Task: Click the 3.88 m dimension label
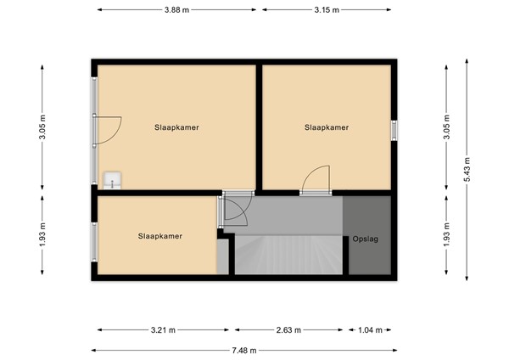[177, 10]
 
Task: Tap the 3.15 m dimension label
[326, 10]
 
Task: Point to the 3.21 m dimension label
[165, 329]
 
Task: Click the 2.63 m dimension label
[290, 329]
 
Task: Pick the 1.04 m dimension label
[369, 329]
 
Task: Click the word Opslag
[366, 239]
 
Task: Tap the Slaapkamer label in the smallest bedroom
[159, 236]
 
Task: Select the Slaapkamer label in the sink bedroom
[176, 127]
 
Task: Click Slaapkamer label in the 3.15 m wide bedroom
[327, 127]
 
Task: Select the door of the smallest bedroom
[233, 210]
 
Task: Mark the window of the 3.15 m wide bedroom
[394, 129]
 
